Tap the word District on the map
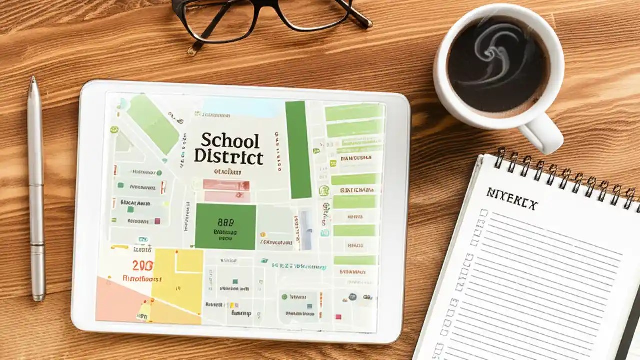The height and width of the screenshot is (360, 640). (228, 156)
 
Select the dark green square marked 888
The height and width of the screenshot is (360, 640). (225, 226)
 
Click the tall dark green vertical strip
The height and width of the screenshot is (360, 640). (298, 149)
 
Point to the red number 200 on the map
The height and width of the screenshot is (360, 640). (143, 265)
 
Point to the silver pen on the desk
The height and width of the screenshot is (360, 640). (36, 190)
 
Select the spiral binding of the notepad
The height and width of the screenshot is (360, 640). (565, 175)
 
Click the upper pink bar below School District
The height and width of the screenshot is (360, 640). (226, 184)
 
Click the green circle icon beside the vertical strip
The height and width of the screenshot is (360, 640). (324, 190)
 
